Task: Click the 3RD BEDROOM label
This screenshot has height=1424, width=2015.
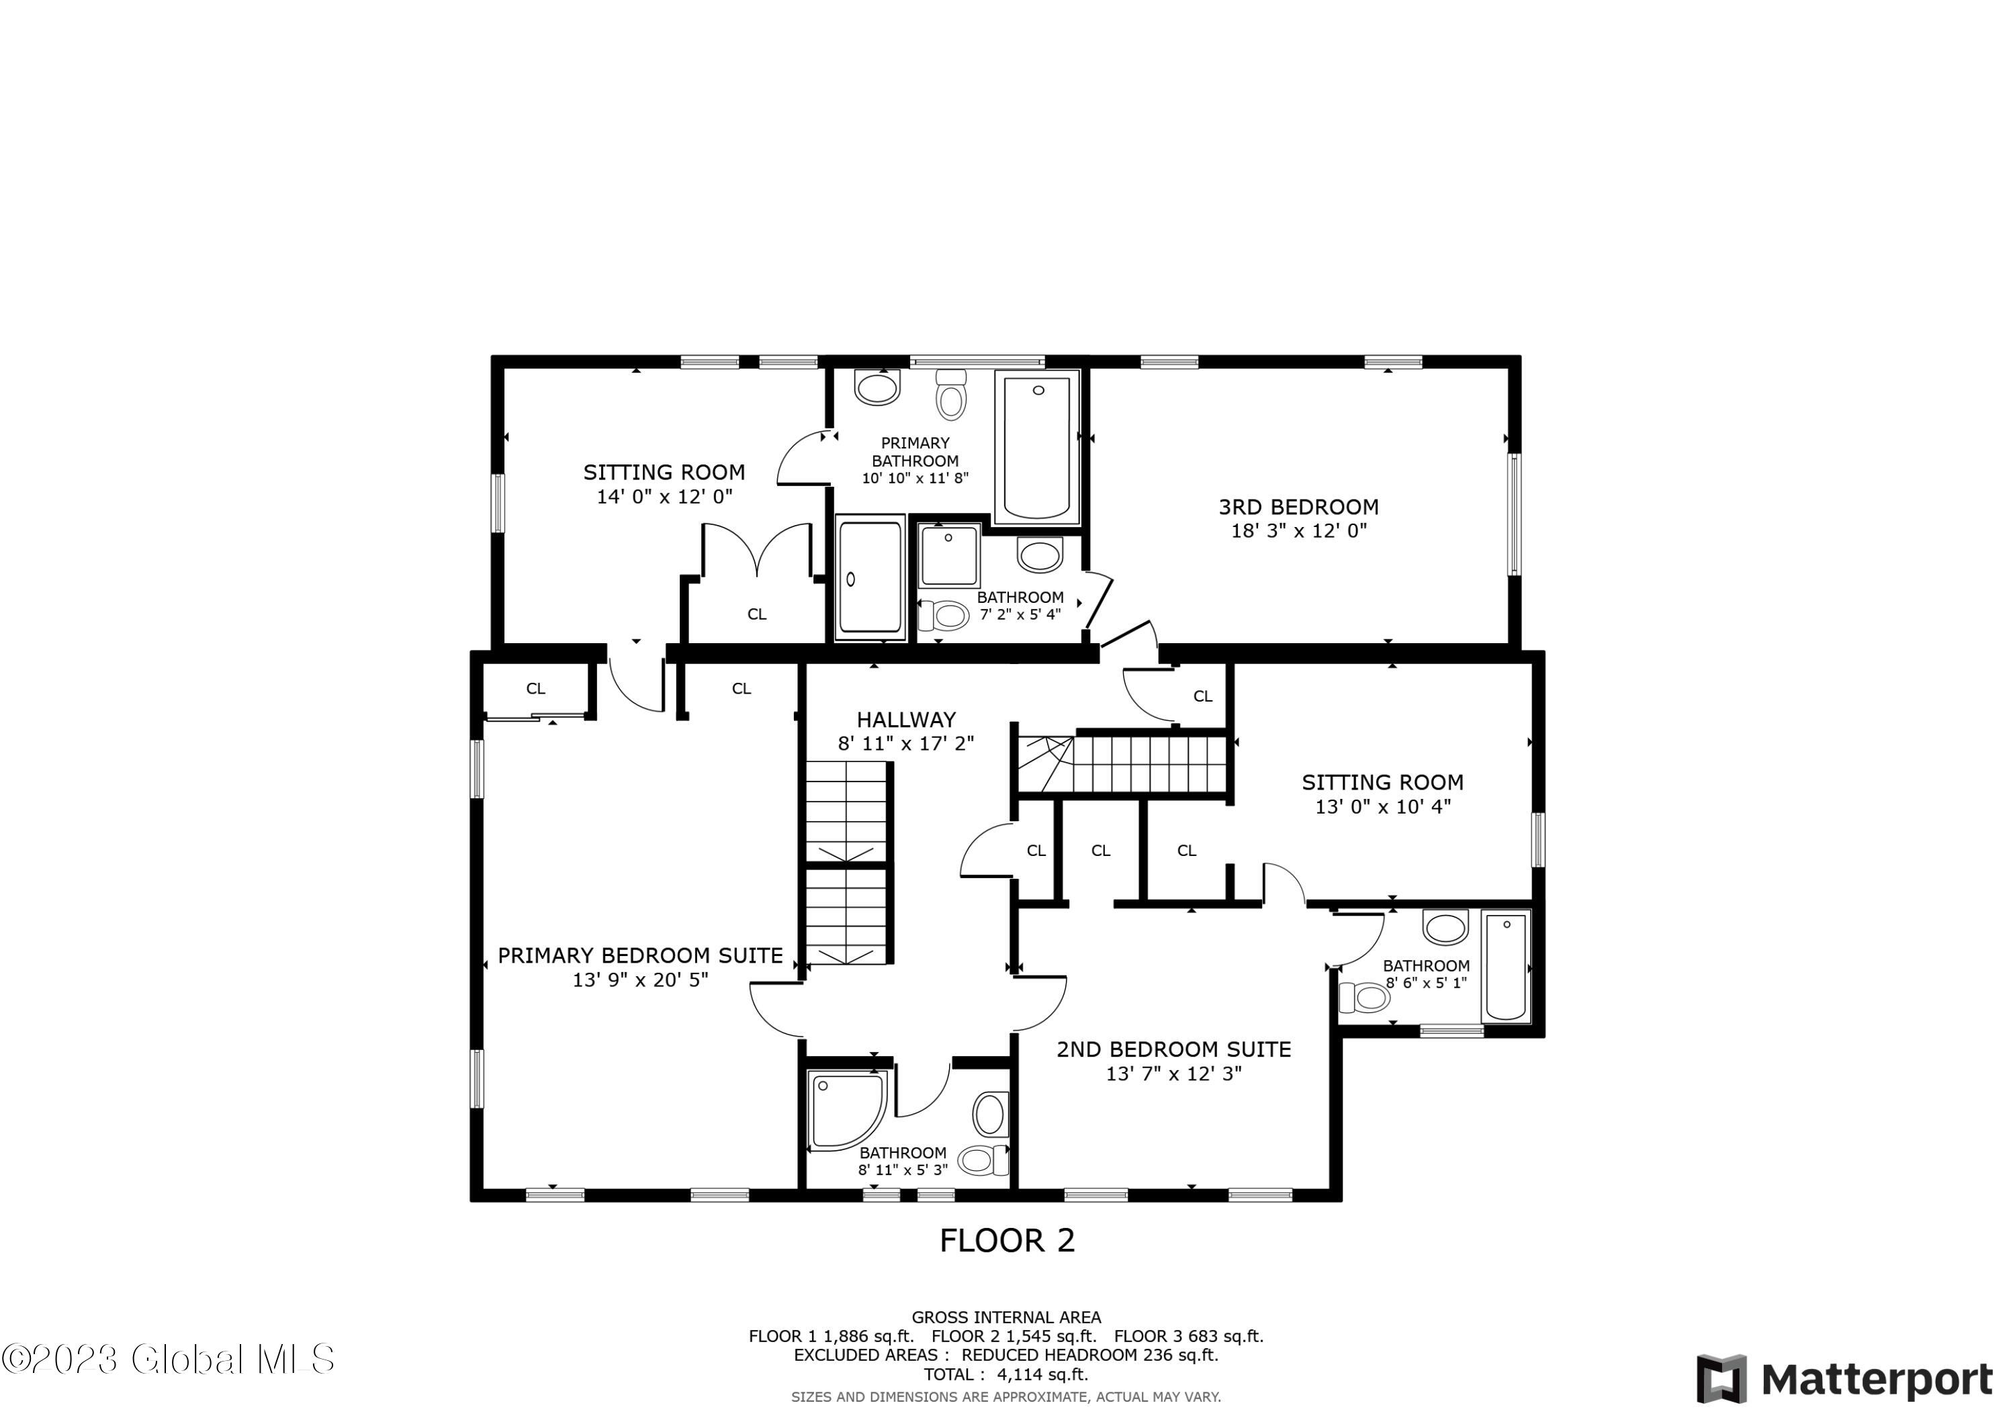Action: (x=1298, y=506)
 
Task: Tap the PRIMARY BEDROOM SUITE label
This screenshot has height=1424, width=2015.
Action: (x=640, y=955)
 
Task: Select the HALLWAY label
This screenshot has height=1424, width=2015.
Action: (x=905, y=720)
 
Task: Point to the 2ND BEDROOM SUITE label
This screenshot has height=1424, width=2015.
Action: (x=1173, y=1049)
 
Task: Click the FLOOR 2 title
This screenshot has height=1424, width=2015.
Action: (x=1007, y=1241)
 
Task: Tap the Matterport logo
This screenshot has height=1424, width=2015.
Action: (x=1844, y=1379)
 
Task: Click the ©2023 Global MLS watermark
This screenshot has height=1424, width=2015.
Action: (x=168, y=1359)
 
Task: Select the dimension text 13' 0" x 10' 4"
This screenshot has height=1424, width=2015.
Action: (x=1382, y=806)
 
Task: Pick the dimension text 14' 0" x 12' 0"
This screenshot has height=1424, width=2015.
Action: (x=664, y=497)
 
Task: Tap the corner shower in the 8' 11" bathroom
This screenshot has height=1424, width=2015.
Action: (x=845, y=1109)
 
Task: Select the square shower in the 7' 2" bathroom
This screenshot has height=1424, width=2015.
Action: (x=948, y=555)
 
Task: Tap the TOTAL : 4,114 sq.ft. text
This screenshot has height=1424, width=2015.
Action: (x=1005, y=1374)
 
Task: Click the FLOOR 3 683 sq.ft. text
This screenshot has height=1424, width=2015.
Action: (x=1188, y=1336)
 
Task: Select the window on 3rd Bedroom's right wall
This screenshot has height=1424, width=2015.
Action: (x=1514, y=514)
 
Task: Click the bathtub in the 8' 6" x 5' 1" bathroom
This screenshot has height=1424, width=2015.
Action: (x=1506, y=966)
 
